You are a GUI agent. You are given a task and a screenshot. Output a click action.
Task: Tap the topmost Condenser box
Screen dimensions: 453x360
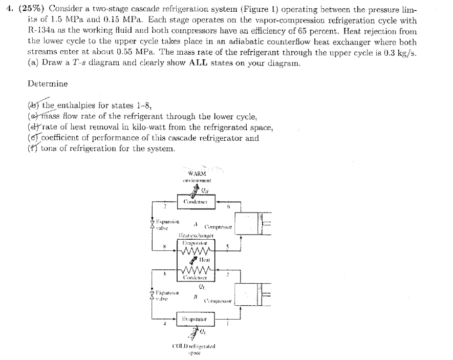tap(191, 201)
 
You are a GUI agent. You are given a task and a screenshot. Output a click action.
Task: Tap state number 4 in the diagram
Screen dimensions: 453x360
tap(165, 325)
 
